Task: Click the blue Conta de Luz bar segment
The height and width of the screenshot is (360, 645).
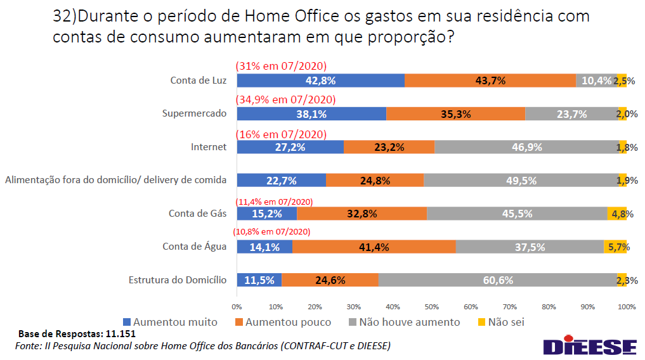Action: (x=320, y=80)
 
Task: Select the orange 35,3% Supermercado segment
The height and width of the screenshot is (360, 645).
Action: (x=455, y=114)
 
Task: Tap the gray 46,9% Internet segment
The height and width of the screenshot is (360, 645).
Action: (x=526, y=147)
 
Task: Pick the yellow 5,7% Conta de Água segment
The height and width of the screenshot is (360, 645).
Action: (x=615, y=247)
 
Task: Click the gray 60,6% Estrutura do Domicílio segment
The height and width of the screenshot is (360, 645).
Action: (x=497, y=280)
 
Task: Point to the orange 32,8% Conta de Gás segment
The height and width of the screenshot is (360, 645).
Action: (x=362, y=214)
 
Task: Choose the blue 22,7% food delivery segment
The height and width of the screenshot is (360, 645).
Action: (x=281, y=181)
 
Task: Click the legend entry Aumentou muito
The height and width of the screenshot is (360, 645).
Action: (x=169, y=322)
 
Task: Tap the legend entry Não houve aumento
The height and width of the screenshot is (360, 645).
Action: (x=403, y=322)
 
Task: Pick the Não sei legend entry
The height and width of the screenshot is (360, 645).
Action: (x=500, y=322)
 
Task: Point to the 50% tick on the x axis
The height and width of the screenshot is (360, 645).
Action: (x=432, y=307)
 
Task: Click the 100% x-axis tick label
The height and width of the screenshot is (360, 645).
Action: (x=626, y=307)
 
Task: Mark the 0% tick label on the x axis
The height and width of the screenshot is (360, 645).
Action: (x=237, y=307)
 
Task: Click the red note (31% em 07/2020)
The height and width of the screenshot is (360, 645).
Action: (x=280, y=66)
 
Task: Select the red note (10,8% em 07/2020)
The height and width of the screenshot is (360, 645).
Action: (x=272, y=232)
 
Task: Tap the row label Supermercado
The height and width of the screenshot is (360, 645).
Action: (x=194, y=114)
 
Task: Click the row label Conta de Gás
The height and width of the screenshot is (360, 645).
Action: (x=197, y=214)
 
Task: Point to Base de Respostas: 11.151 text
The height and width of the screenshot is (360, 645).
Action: (x=77, y=334)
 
